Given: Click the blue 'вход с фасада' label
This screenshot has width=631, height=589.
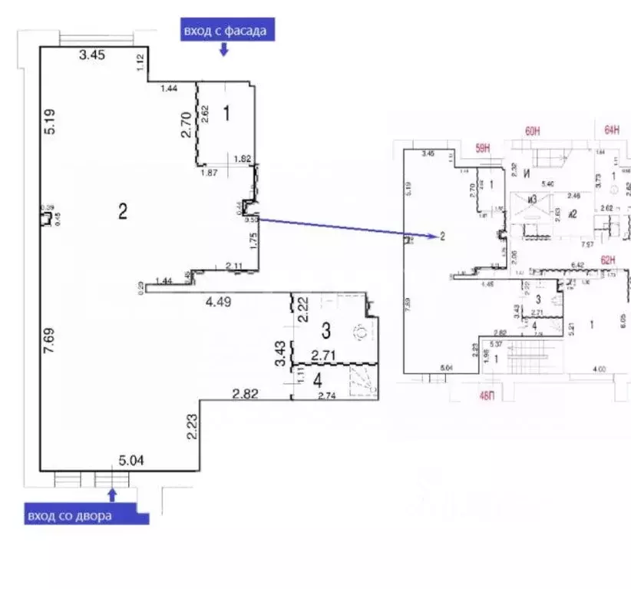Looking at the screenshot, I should pyautogui.click(x=225, y=31).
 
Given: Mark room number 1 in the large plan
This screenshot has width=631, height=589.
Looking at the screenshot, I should pyautogui.click(x=226, y=114).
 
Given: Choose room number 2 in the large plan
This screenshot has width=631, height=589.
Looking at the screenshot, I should pyautogui.click(x=122, y=212).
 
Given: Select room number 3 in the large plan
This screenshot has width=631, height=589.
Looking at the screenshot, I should pyautogui.click(x=325, y=332).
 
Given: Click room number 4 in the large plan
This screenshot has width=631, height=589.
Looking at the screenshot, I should pyautogui.click(x=317, y=379).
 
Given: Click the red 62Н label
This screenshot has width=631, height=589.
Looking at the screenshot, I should pyautogui.click(x=609, y=260).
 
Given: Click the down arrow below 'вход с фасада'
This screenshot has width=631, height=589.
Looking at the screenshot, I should pyautogui.click(x=224, y=50).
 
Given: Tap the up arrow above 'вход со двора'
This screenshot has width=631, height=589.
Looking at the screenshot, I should pyautogui.click(x=114, y=493).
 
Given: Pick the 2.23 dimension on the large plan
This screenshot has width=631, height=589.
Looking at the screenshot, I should pyautogui.click(x=192, y=428).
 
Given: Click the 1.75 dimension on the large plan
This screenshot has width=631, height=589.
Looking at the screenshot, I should pyautogui.click(x=252, y=243).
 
